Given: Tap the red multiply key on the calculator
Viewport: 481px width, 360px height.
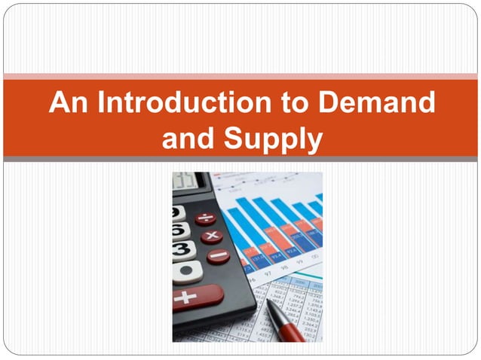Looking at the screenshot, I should pyautogui.click(x=212, y=236).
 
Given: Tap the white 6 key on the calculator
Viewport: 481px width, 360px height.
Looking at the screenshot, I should pyautogui.click(x=179, y=230).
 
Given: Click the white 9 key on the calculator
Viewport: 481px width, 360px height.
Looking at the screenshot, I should pyautogui.click(x=178, y=212).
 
